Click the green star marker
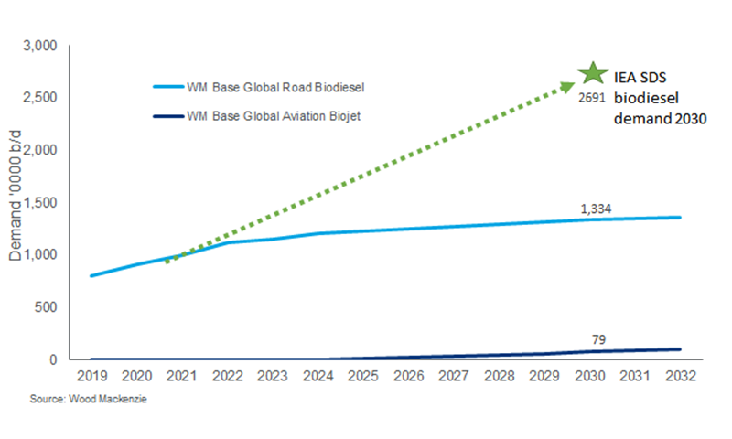click(593, 73)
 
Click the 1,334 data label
click(596, 209)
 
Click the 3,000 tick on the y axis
click(39, 46)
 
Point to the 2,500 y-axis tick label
click(39, 98)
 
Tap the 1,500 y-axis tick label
click(39, 202)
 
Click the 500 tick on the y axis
click(46, 307)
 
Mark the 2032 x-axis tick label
click(681, 376)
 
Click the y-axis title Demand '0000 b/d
click(16, 202)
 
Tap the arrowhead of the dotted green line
click(569, 84)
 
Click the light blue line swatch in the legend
click(167, 87)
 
